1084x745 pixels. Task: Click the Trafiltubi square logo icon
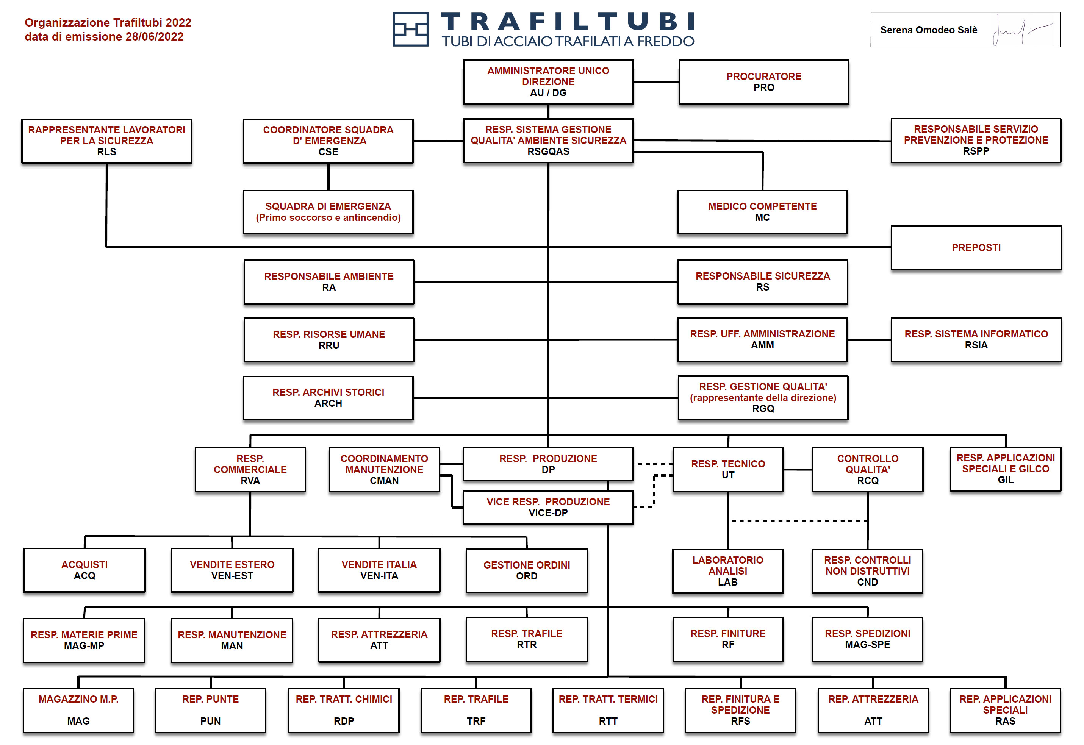[410, 30]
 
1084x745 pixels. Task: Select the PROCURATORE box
[763, 82]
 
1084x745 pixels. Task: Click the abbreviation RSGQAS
[548, 152]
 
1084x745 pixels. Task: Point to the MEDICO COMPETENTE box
[762, 212]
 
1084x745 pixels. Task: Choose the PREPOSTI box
[976, 248]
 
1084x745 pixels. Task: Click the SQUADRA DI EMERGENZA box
[328, 212]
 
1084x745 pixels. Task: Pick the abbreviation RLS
[106, 152]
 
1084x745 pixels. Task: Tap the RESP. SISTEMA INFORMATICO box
[976, 340]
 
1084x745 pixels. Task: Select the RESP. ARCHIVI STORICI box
[328, 398]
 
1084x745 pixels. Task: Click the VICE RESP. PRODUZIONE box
[548, 508]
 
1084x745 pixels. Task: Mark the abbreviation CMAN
[384, 481]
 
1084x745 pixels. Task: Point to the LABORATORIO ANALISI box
[727, 571]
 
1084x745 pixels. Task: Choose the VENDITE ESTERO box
[232, 570]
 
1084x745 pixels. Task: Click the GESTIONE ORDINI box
[527, 570]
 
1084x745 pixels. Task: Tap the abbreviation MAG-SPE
[867, 645]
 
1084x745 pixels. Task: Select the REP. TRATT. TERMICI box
[608, 710]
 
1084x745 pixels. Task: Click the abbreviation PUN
[211, 721]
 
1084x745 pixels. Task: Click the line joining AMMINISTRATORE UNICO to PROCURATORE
[656, 82]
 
